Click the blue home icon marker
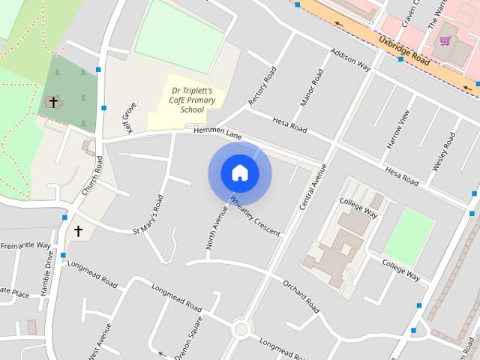tap(240, 173)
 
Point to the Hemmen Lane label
tap(218, 133)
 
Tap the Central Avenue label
tap(313, 186)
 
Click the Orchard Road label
tap(301, 296)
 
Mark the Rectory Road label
tap(263, 86)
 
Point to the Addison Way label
tap(351, 59)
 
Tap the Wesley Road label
tap(443, 151)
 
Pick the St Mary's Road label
tap(148, 214)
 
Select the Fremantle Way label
tap(25, 245)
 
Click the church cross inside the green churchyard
tap(53, 101)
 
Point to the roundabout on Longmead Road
tap(241, 329)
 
